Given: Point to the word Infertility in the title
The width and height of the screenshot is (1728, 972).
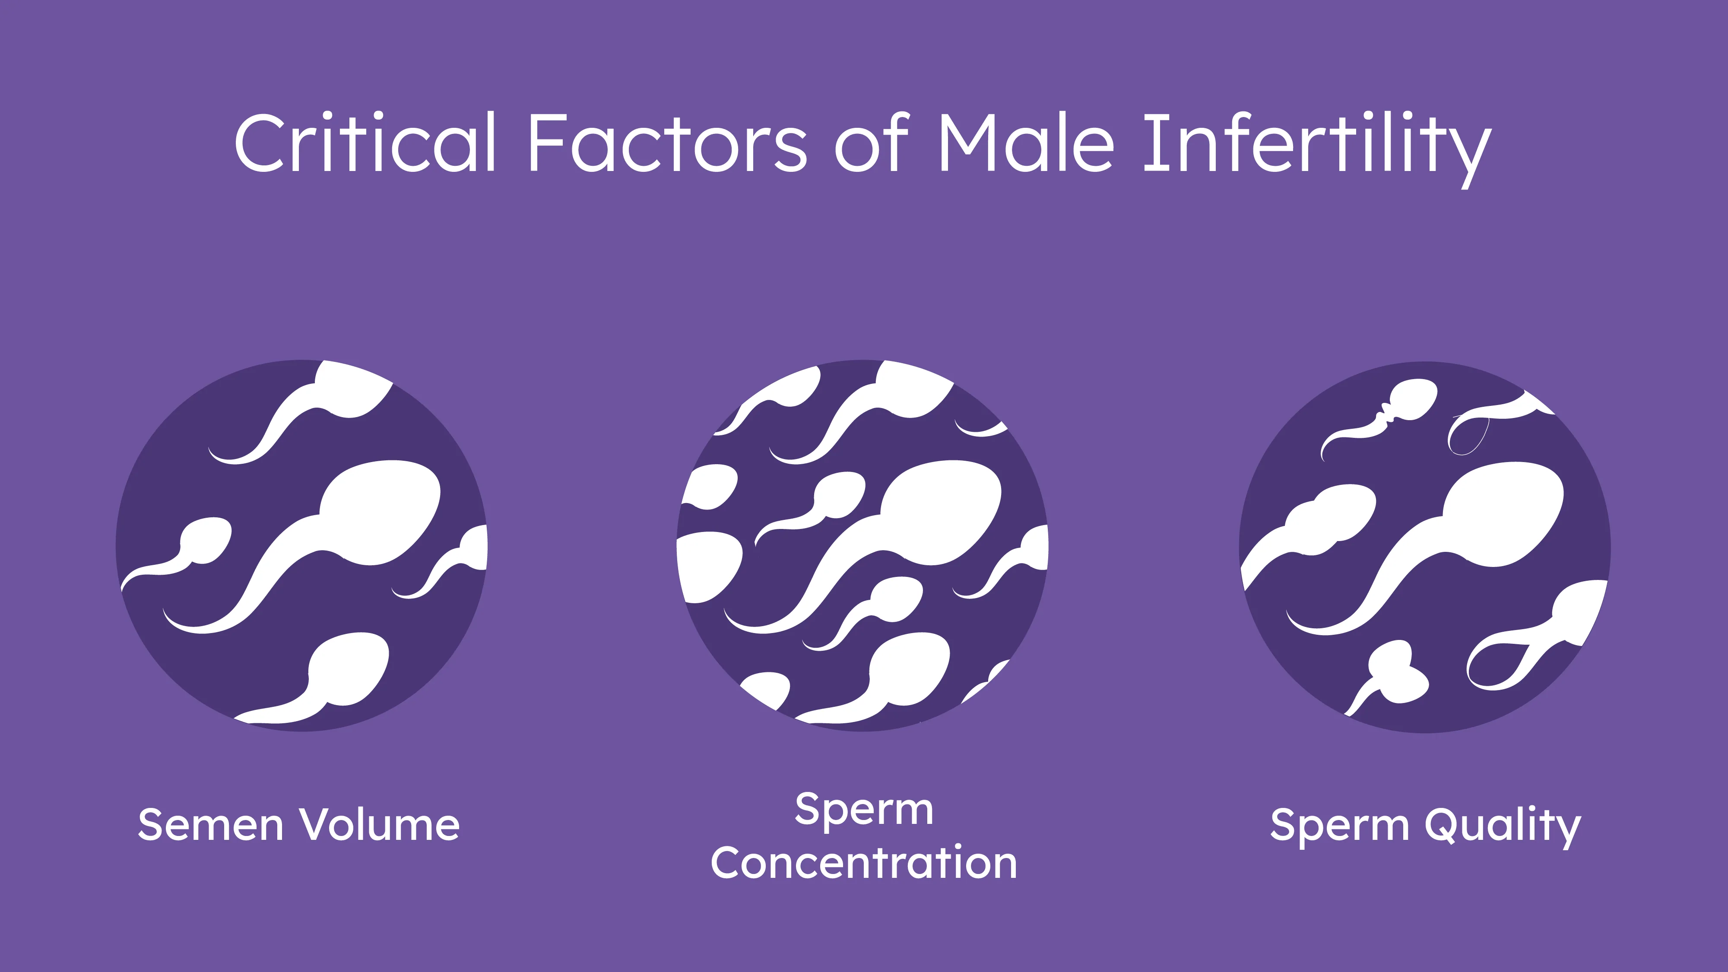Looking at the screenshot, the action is [x=1317, y=149].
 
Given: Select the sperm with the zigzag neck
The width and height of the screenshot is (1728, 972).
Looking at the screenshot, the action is [x=1382, y=416].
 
